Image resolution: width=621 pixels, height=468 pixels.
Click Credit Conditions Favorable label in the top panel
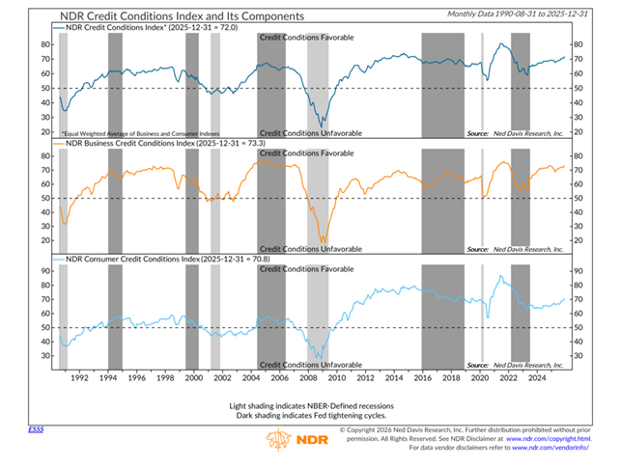pyautogui.click(x=307, y=37)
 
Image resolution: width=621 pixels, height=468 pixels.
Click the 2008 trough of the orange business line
pyautogui.click(x=324, y=241)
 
